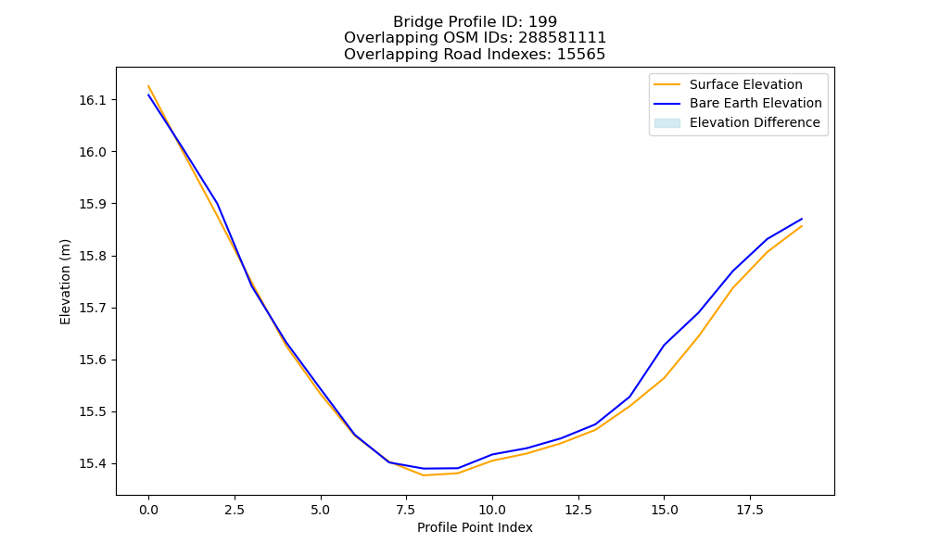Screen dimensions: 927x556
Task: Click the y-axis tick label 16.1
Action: (93, 100)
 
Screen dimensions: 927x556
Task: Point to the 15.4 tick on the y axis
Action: (93, 464)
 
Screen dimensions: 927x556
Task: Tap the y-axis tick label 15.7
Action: (93, 308)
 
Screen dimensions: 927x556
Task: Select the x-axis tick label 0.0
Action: (148, 510)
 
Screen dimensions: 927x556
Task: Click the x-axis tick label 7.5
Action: (406, 510)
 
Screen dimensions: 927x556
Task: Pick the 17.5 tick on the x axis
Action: (750, 510)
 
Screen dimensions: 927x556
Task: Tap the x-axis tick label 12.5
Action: (578, 510)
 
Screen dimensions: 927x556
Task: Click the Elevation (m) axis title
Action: (65, 282)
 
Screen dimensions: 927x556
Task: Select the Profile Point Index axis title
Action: (475, 527)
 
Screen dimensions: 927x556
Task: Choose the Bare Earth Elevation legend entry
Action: (738, 104)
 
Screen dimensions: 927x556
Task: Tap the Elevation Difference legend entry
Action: (737, 123)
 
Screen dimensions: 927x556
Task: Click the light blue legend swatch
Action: (667, 123)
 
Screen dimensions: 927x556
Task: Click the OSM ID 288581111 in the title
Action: (563, 38)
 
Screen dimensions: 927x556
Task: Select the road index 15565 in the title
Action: (581, 55)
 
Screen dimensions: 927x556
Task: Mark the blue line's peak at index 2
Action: (218, 204)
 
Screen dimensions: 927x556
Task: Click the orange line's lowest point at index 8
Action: (424, 475)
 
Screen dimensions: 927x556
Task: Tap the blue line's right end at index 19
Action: (802, 219)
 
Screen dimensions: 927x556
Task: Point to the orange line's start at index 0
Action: (148, 86)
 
